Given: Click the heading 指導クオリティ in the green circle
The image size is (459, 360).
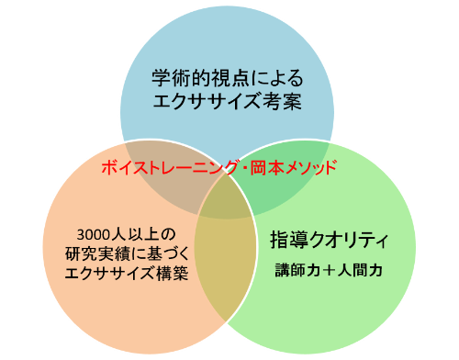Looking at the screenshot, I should tap(329, 241).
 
